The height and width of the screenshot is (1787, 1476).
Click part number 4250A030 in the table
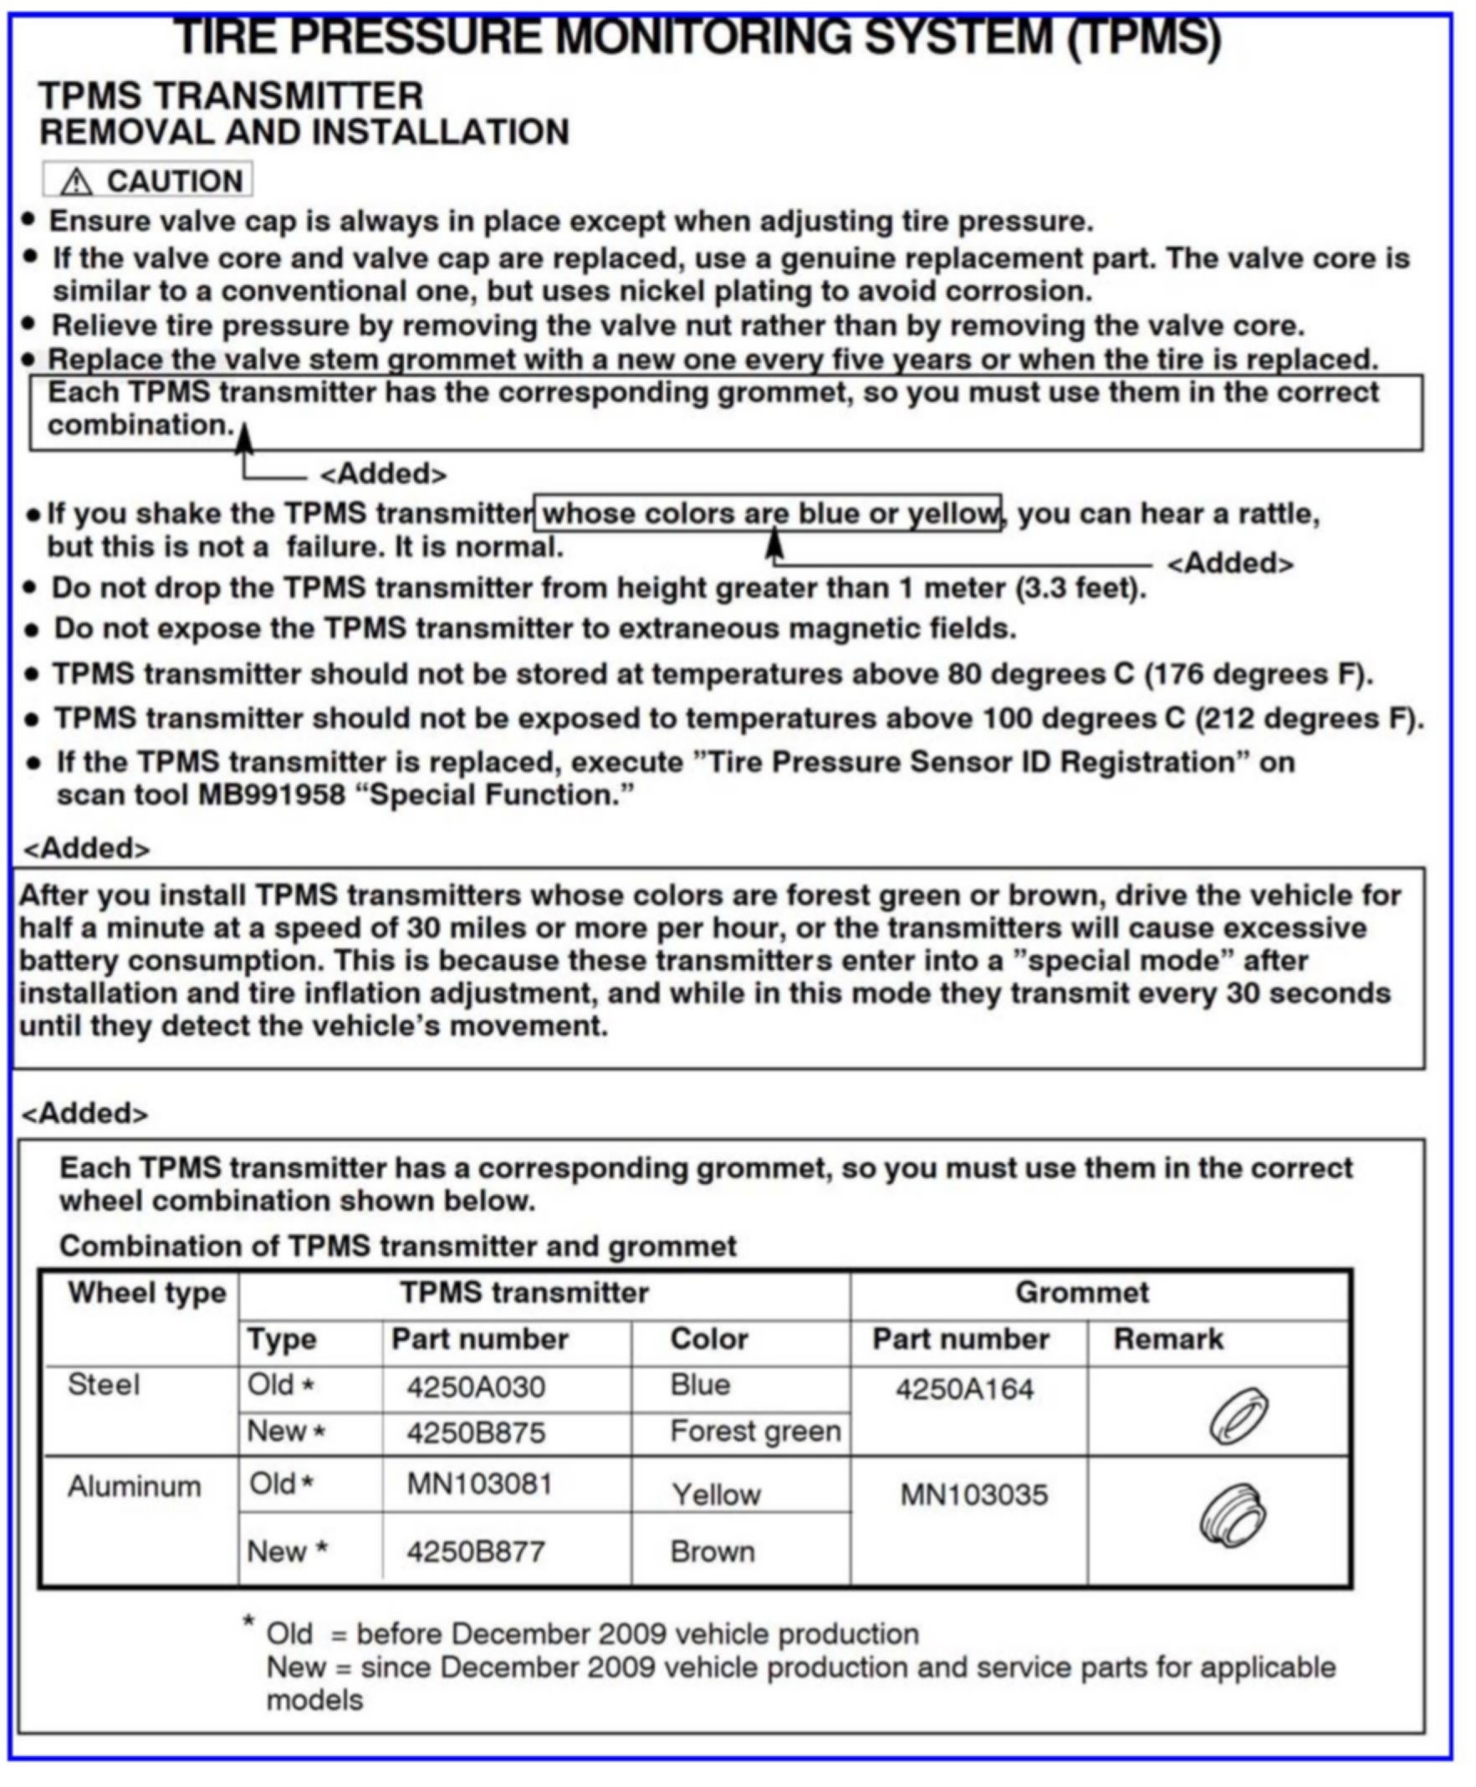coord(475,1387)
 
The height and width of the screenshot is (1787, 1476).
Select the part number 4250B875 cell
coord(475,1433)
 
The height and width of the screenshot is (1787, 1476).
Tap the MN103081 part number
coord(479,1484)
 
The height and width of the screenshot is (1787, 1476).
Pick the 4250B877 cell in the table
coord(475,1551)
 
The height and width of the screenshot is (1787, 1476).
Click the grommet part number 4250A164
coord(964,1389)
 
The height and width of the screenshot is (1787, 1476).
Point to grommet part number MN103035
coord(973,1494)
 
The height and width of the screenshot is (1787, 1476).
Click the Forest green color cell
coord(755,1432)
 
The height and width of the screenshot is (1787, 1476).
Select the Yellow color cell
coord(716,1494)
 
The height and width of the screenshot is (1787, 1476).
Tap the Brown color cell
coord(712,1551)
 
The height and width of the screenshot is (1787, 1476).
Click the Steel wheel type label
coord(104,1385)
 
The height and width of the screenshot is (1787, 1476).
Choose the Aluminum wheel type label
coord(135,1487)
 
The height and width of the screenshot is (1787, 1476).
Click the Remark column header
coord(1168,1339)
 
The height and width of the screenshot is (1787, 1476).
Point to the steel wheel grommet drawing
coord(1239,1416)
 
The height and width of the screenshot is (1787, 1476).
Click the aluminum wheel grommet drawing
coord(1233,1516)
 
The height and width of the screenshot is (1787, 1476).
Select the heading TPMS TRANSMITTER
coord(231,95)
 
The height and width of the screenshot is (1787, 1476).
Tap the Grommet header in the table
coord(1081,1292)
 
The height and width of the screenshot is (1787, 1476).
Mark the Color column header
coord(709,1339)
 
